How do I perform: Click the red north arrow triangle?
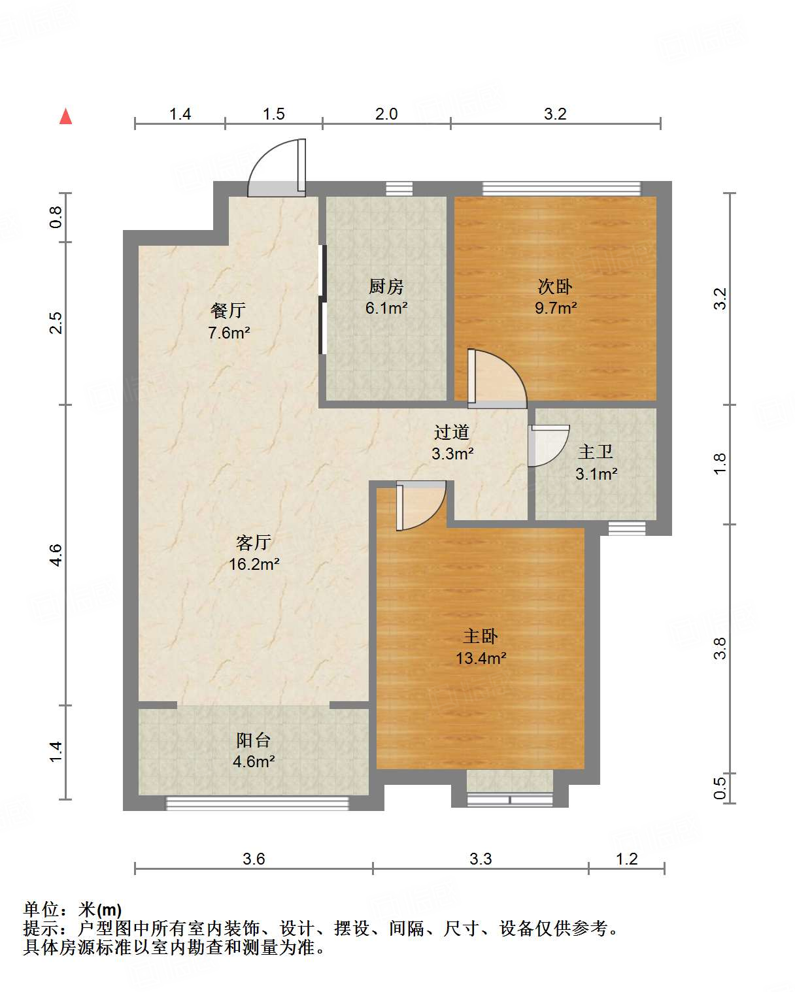[x=65, y=116]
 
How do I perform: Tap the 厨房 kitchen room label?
[x=386, y=287]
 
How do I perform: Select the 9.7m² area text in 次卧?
[x=556, y=307]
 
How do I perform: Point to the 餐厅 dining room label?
[x=228, y=310]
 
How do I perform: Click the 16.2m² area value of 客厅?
[x=254, y=564]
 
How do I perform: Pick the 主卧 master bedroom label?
[x=481, y=637]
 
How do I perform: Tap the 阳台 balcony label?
[x=253, y=740]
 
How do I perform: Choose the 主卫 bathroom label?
[x=596, y=452]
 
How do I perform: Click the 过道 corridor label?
[x=452, y=432]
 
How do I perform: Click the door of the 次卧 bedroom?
[x=497, y=379]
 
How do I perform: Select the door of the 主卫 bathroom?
[x=549, y=446]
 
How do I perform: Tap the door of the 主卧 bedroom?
[x=421, y=506]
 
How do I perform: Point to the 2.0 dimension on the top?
[x=386, y=114]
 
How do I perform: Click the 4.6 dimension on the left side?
[x=56, y=555]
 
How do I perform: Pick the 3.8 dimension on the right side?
[x=720, y=648]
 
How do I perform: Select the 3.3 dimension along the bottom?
[x=481, y=859]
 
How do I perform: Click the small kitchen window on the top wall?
[x=399, y=189]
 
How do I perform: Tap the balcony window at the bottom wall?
[x=258, y=803]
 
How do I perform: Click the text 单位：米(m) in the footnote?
[x=73, y=910]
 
